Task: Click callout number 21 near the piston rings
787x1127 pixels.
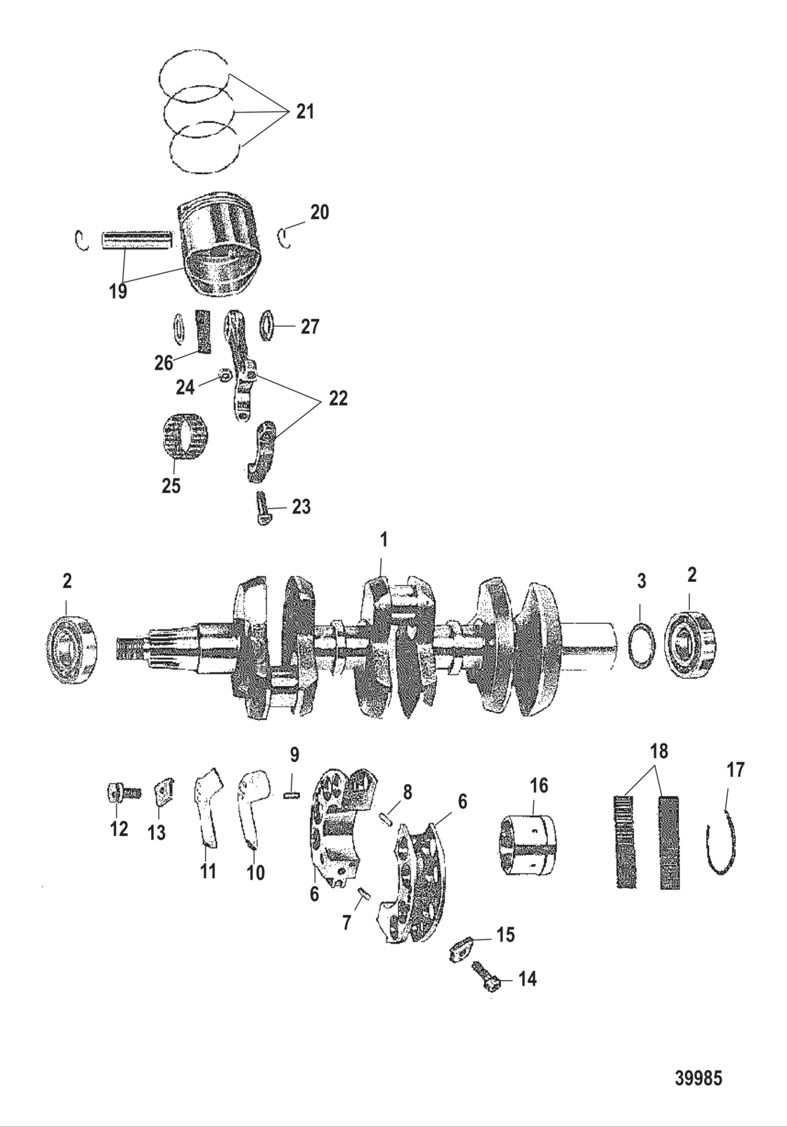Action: click(x=305, y=112)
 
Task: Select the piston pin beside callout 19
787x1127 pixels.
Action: click(x=137, y=240)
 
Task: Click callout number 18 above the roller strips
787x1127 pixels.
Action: click(x=659, y=752)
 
